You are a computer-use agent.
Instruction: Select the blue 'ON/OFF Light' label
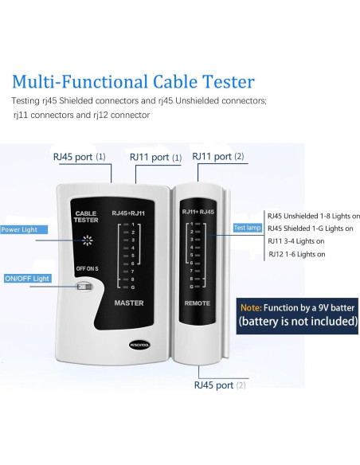(x=26, y=279)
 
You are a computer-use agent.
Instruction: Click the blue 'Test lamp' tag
(x=247, y=228)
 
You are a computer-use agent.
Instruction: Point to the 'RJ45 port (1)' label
(x=79, y=157)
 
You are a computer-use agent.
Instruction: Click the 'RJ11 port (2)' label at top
(x=218, y=157)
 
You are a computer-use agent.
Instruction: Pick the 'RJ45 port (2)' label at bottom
(x=219, y=385)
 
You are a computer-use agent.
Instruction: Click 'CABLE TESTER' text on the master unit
(x=85, y=217)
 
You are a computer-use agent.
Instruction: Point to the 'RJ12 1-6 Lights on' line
(x=296, y=254)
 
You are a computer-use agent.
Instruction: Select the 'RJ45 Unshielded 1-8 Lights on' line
(x=313, y=216)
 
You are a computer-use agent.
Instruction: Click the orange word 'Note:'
(x=273, y=306)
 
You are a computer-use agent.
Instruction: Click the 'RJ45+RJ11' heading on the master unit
(x=129, y=213)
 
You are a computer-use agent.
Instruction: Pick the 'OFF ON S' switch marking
(x=86, y=269)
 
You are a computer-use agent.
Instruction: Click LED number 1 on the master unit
(x=130, y=228)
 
